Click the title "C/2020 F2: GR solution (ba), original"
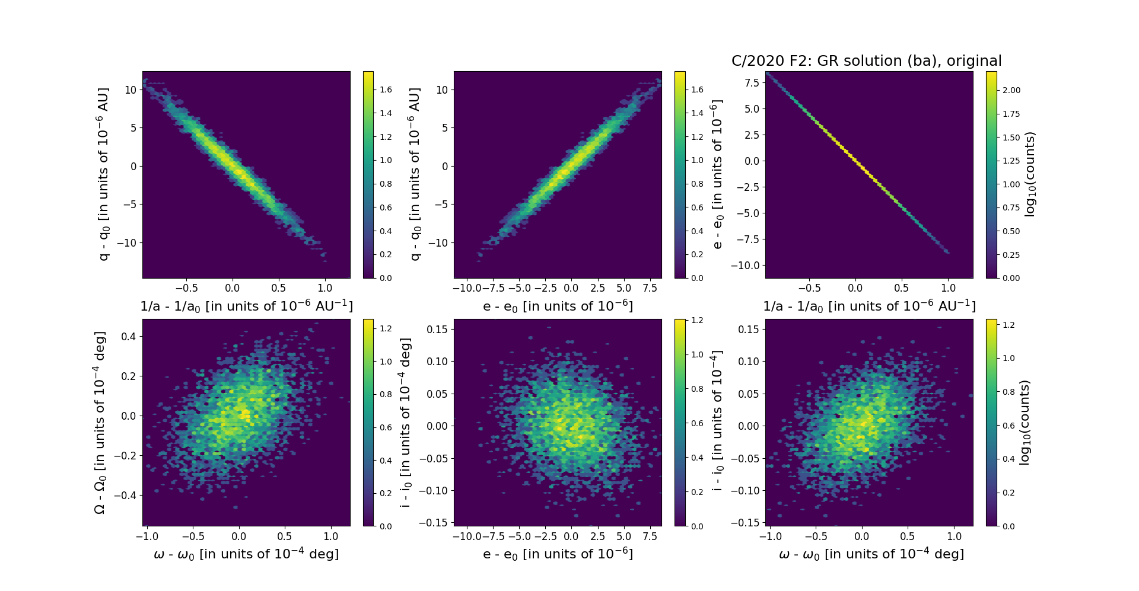tap(866, 61)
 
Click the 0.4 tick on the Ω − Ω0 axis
tap(129, 337)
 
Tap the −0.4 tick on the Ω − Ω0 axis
tap(126, 496)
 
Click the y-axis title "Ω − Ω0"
tap(100, 422)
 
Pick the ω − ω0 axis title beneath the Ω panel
tap(246, 554)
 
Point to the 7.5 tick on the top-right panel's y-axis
tap(752, 83)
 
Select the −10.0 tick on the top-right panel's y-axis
tap(747, 266)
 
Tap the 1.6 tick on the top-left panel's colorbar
tap(386, 90)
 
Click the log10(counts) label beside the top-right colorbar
tap(1030, 174)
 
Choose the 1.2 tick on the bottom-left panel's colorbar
tap(386, 328)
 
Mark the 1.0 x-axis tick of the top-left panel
tap(324, 289)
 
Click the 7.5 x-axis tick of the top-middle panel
tap(650, 289)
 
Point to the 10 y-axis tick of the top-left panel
tap(130, 90)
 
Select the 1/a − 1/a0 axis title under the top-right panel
tap(869, 306)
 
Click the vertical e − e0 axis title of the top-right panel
tap(717, 174)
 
